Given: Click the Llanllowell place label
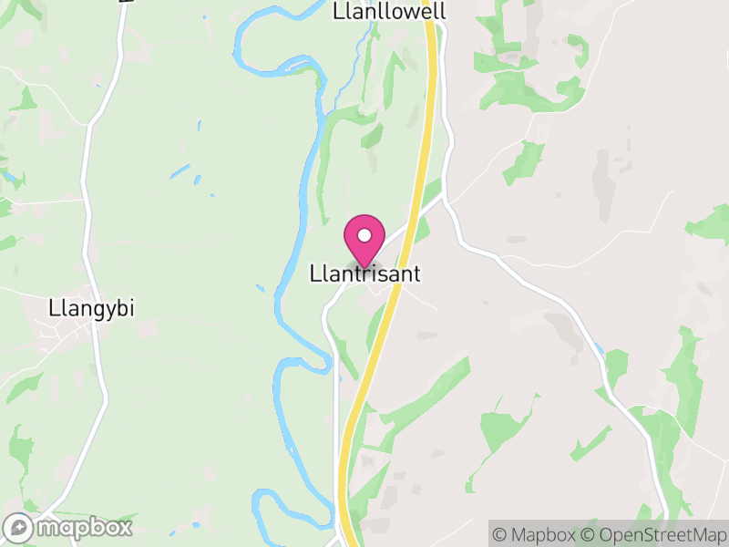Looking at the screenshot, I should [x=390, y=11].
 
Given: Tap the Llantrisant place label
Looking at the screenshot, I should [x=365, y=273].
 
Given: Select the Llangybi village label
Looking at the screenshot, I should [x=91, y=308].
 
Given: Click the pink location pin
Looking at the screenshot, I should [x=364, y=240].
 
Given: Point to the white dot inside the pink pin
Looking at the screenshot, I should [x=364, y=235].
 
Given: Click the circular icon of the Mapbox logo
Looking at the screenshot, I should [x=18, y=528].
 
